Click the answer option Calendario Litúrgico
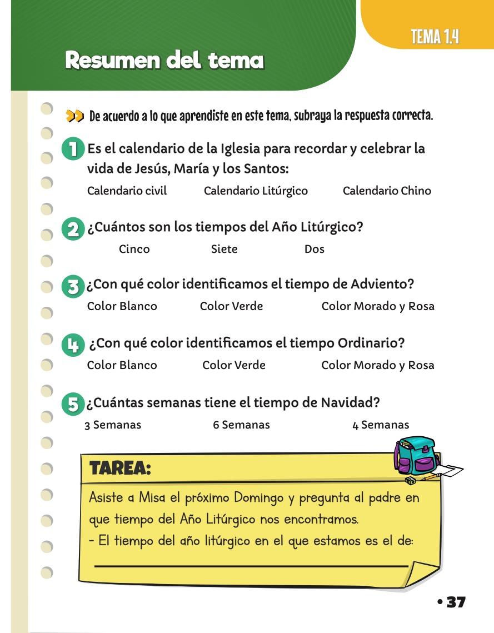coord(256,191)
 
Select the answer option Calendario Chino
coord(387,191)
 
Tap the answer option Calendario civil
coord(127,191)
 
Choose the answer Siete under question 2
coord(224,249)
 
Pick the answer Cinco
coord(134,249)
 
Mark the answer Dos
coord(314,249)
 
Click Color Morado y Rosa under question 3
coord(378,306)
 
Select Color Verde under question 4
coord(233,365)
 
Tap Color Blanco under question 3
coord(122,306)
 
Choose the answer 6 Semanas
coord(241,425)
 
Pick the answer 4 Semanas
coord(381,425)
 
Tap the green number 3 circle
coord(72,287)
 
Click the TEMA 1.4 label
coord(435,38)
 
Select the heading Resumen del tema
coord(164,60)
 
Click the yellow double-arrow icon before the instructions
coord(74,116)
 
